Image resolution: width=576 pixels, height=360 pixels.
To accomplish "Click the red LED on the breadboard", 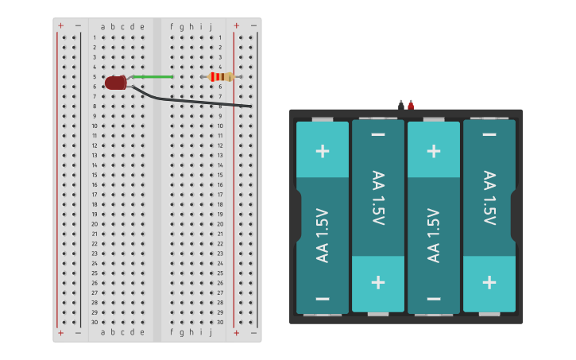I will coord(115,83).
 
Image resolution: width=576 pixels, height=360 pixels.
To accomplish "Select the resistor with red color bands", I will coord(220,77).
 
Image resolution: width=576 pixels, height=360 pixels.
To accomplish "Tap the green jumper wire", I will coord(152,77).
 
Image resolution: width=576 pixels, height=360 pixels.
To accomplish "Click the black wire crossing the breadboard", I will coord(199,101).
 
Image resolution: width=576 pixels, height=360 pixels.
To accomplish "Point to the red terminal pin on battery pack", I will coord(411,104).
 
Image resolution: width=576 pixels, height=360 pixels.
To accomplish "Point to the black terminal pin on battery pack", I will coord(401,104).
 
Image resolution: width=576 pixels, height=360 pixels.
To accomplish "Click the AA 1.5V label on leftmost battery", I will coord(323,234).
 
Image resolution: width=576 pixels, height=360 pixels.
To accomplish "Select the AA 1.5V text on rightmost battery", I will coord(489,198).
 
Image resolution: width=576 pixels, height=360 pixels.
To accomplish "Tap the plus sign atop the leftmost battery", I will coord(323,150).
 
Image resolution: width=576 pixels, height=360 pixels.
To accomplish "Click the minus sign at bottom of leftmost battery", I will coord(323,299).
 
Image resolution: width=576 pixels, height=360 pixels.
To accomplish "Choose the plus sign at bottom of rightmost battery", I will coord(489,282).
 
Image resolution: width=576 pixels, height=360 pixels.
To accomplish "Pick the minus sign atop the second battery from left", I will coord(378,134).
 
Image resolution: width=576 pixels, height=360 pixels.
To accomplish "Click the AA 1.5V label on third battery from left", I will coord(434,234).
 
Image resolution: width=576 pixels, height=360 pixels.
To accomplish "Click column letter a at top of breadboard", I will coord(102,26).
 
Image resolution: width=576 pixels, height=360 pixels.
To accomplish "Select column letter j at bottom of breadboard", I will coord(211,333).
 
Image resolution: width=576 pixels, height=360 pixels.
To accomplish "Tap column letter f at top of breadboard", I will coord(172,26).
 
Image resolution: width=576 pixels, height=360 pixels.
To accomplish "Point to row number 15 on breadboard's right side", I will coord(220,175).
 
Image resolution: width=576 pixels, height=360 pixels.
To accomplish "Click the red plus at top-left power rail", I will coord(60,25).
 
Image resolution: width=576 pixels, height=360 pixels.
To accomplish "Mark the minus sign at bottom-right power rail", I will coord(253,333).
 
